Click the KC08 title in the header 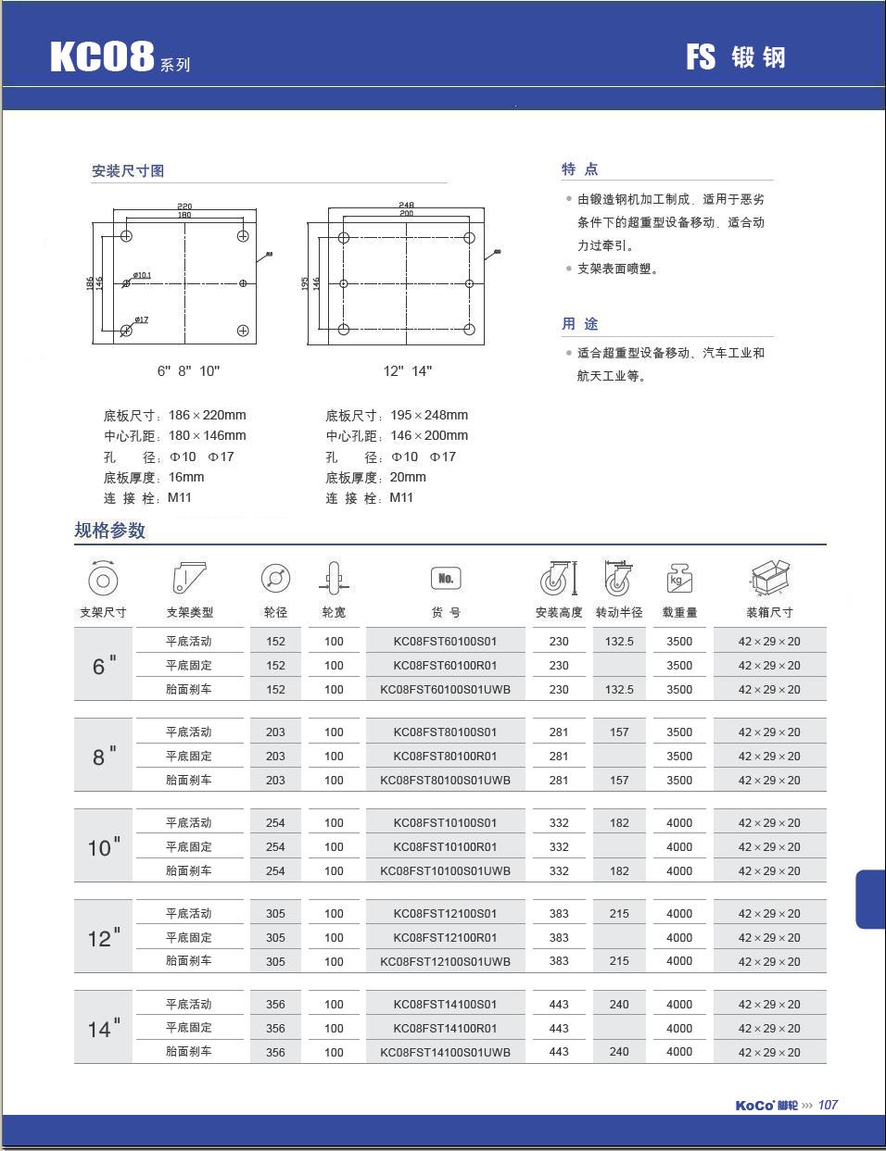point(102,56)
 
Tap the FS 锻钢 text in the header point(735,57)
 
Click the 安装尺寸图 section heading point(128,171)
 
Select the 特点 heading point(579,169)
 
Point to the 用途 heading point(579,324)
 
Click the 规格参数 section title point(110,531)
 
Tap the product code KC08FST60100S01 point(445,641)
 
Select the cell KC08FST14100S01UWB point(445,1052)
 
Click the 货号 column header point(445,612)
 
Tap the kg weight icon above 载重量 point(679,579)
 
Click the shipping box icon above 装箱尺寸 point(769,578)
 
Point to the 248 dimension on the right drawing point(406,205)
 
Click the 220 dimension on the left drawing point(184,206)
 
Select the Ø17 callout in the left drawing point(141,320)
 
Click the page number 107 point(828,1105)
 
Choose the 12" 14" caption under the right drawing point(408,371)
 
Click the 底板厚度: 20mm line point(375,478)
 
